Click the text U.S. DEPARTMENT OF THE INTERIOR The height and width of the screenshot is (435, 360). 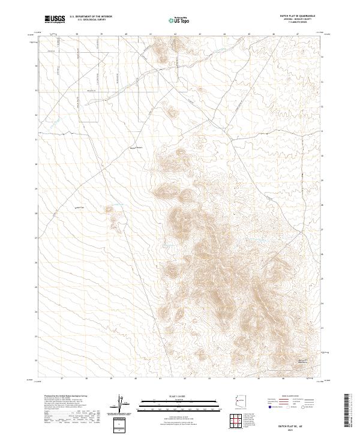click(x=91, y=16)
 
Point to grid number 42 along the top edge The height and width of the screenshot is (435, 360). click(x=175, y=34)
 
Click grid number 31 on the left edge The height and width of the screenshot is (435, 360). click(x=36, y=140)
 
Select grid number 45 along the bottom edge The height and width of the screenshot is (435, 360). click(x=259, y=379)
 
